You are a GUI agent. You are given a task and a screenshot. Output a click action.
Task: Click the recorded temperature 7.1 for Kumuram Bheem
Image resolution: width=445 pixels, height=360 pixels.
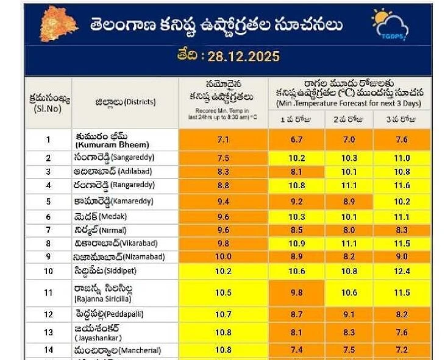[223, 140]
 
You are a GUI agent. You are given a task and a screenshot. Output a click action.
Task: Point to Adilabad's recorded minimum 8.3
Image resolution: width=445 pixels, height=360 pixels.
[223, 172]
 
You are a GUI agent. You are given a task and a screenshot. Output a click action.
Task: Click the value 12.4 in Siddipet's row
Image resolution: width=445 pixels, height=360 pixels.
[402, 271]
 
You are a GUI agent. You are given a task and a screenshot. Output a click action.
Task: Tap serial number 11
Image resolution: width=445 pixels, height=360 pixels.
[48, 293]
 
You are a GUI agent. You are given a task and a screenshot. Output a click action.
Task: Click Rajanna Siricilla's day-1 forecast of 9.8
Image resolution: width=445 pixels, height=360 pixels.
[297, 293]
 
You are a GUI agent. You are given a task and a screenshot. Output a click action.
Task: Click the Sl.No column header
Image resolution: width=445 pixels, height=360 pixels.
[49, 102]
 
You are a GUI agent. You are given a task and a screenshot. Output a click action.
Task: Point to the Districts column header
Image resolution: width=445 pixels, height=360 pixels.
[125, 102]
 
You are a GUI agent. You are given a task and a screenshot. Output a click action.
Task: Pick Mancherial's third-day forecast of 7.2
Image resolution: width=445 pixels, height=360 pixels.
[402, 351]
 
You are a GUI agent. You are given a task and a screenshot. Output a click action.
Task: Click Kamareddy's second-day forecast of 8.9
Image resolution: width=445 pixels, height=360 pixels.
[349, 200]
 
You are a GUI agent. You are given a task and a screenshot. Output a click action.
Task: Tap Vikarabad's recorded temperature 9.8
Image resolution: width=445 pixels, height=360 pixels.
[223, 243]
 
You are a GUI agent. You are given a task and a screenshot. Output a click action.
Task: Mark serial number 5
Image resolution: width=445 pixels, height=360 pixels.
[48, 200]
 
